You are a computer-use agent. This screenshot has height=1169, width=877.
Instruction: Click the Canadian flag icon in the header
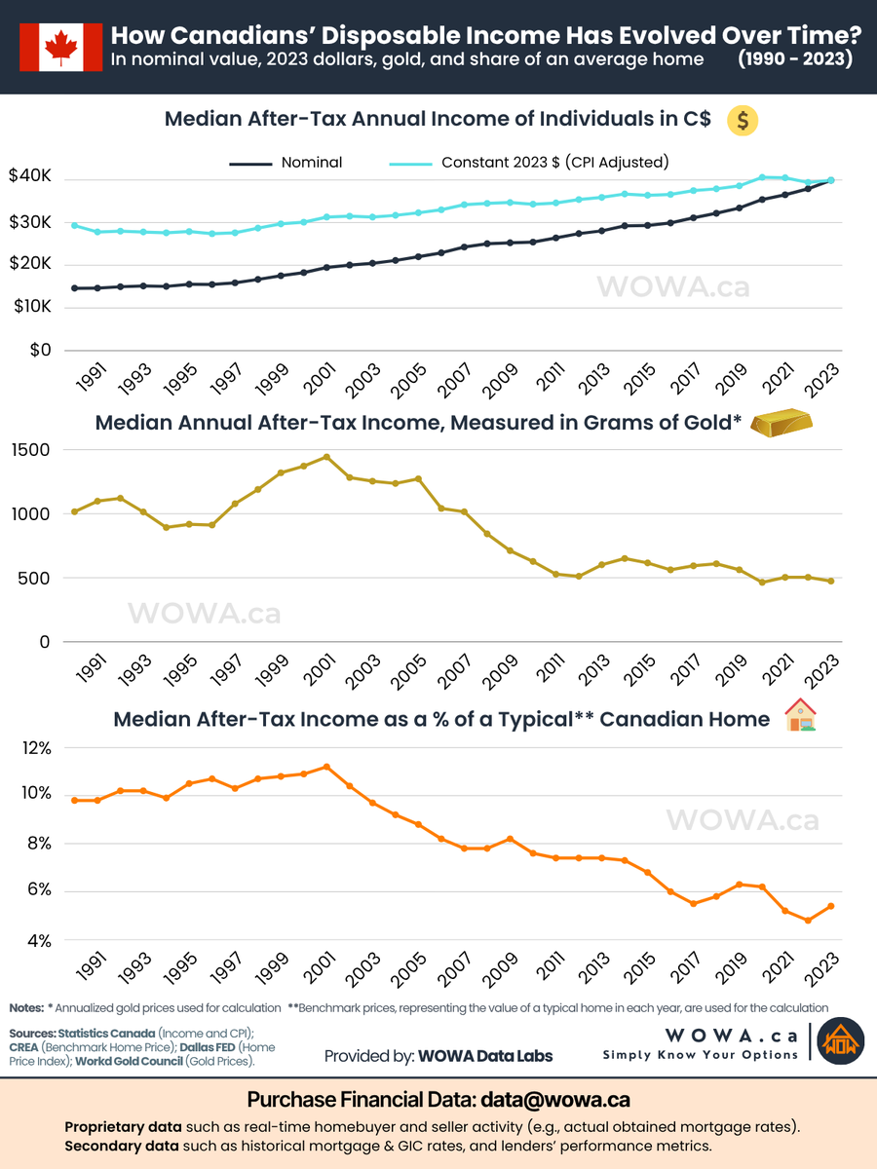click(60, 46)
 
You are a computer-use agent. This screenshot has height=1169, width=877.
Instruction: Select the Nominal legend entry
click(286, 163)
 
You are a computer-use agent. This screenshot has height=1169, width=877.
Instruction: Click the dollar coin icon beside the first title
click(743, 121)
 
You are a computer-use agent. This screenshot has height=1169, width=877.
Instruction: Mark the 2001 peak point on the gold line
click(326, 457)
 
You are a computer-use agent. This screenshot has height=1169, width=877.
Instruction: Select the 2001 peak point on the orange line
click(326, 767)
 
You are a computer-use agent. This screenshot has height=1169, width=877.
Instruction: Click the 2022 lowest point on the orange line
click(808, 921)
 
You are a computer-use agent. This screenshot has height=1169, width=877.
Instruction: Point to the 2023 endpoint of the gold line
click(830, 582)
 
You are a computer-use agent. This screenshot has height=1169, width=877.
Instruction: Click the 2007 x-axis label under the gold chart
click(451, 674)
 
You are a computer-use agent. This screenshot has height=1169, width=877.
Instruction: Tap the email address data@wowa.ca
click(553, 1100)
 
